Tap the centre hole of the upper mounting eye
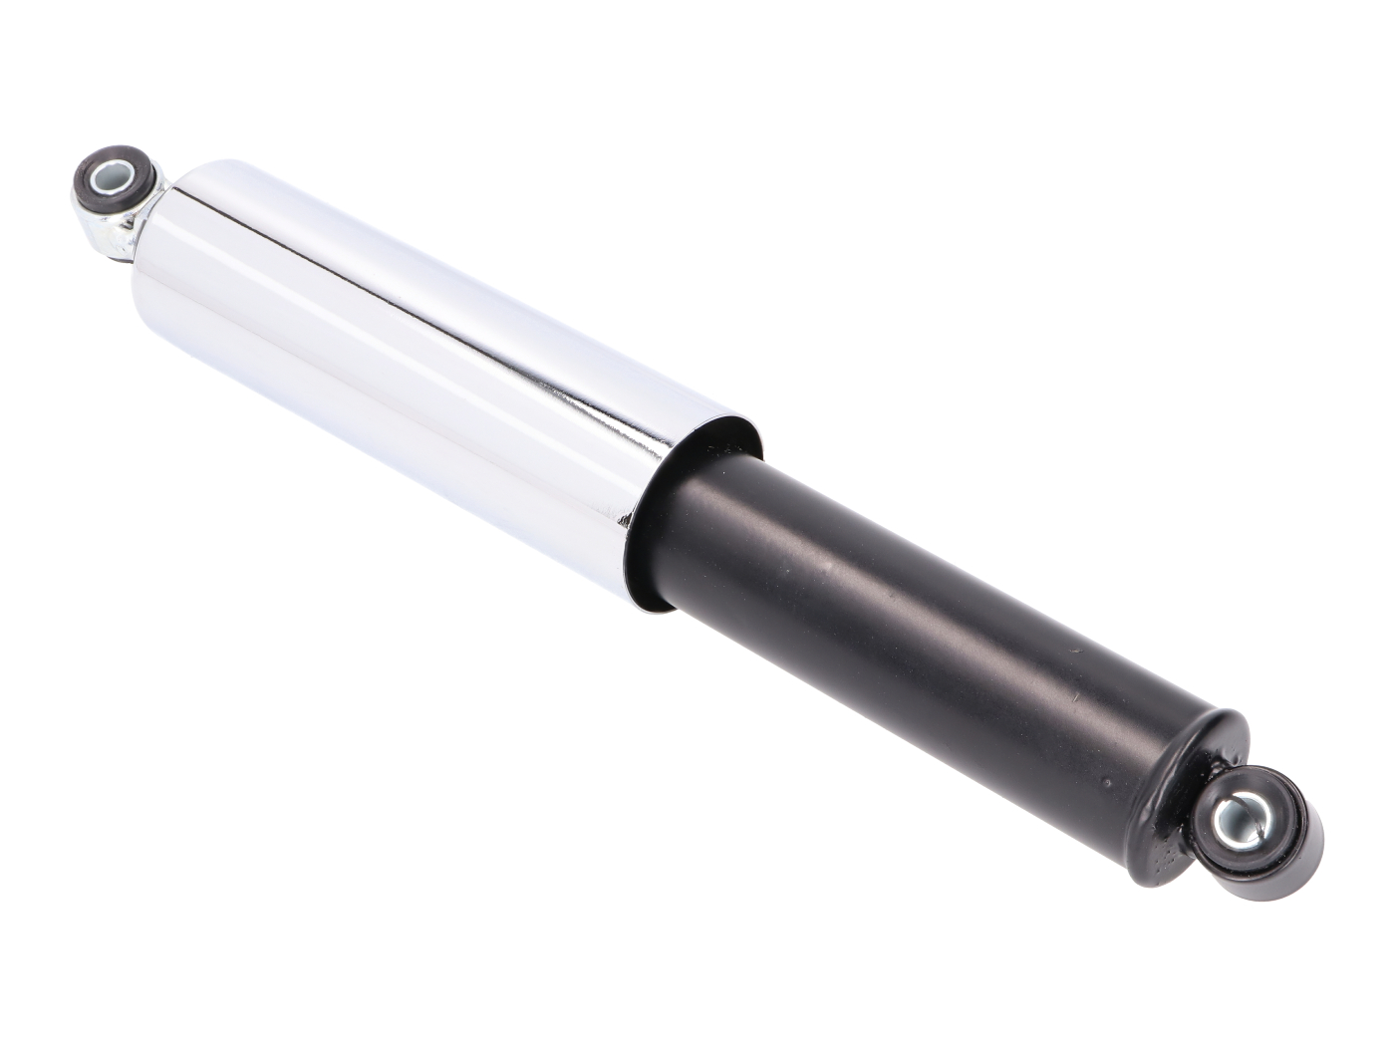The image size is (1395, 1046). click(x=112, y=183)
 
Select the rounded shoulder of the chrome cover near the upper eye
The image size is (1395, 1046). click(x=179, y=189)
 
